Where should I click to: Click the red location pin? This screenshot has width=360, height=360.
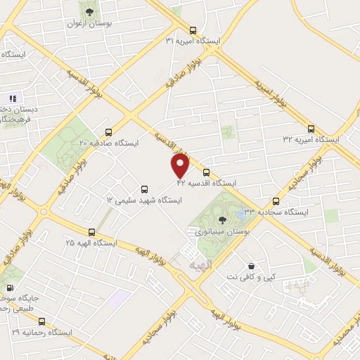[181, 165]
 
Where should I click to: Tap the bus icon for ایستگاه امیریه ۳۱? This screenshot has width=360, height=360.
[193, 30]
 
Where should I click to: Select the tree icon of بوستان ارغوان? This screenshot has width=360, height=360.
[88, 12]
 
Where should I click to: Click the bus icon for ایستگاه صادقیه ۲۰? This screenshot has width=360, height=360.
[108, 131]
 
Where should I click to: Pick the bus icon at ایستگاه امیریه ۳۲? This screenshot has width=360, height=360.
[311, 129]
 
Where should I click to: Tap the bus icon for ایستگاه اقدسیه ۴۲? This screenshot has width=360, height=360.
[206, 172]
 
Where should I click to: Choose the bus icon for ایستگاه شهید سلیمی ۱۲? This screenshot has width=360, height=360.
[144, 189]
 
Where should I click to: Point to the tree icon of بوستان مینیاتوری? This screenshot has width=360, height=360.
[223, 220]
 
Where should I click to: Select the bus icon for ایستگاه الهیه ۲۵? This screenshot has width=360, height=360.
[91, 232]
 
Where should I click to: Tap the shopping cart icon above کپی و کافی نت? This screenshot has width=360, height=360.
[252, 266]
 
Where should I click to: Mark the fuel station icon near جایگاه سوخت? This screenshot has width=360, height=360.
[10, 287]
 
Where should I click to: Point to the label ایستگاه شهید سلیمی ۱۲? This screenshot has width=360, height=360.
[144, 200]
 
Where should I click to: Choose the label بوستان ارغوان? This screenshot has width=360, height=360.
[87, 24]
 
